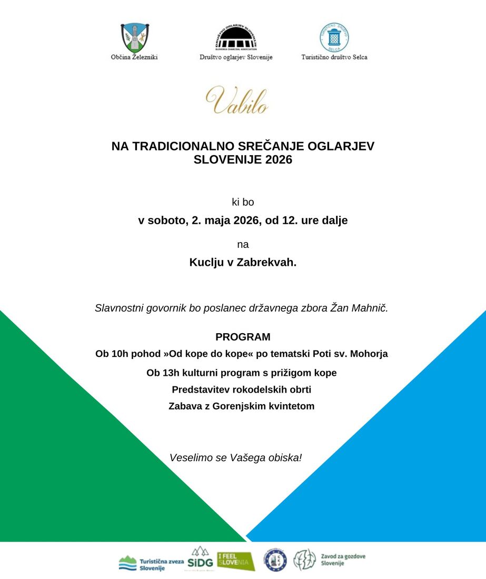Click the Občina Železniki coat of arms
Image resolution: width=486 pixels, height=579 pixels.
134,37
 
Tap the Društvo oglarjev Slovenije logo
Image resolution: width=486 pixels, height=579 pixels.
236,37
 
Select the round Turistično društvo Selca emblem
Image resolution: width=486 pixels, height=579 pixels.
334,37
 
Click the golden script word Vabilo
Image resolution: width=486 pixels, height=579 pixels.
237,100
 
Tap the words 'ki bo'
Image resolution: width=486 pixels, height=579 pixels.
243,202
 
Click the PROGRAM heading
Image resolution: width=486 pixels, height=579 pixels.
243,337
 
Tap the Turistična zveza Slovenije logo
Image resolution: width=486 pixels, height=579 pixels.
150,563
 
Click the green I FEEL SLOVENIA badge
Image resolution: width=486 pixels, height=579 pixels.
236,561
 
